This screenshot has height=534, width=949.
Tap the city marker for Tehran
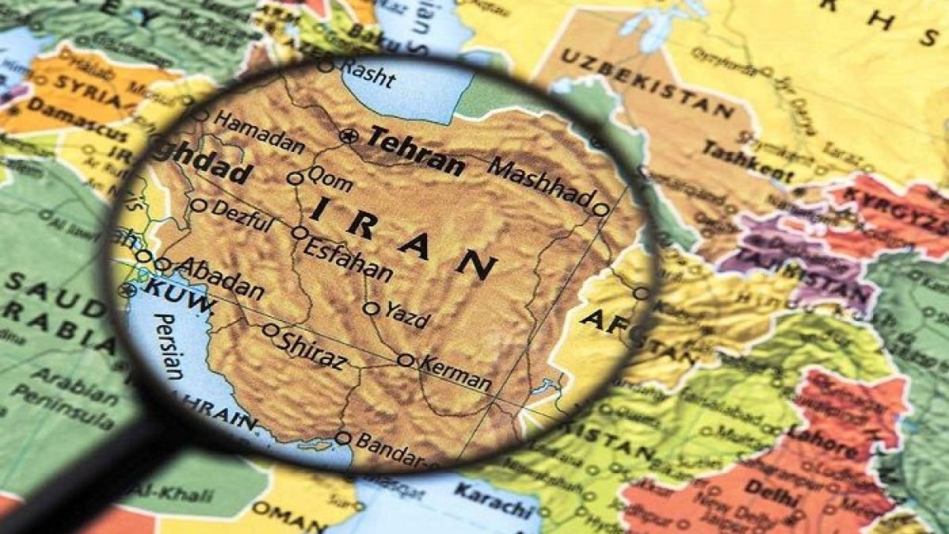tap(347, 136)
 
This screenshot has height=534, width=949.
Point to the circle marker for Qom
tap(295, 179)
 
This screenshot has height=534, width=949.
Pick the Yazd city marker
tap(371, 308)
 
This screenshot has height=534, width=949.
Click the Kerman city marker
tap(406, 360)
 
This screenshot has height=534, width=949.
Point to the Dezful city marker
tap(198, 206)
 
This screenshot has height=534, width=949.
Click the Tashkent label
tap(747, 161)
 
